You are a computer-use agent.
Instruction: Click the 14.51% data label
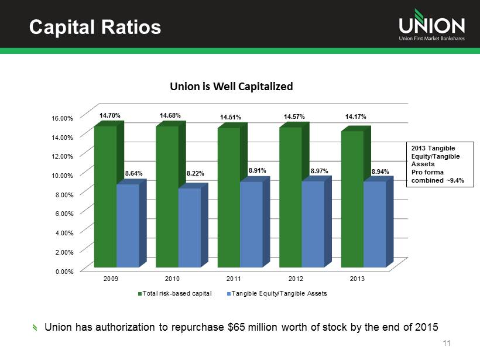[x=230, y=118]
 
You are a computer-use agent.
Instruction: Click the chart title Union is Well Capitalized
[x=231, y=87]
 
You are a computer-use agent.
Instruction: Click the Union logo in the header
[x=431, y=26]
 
